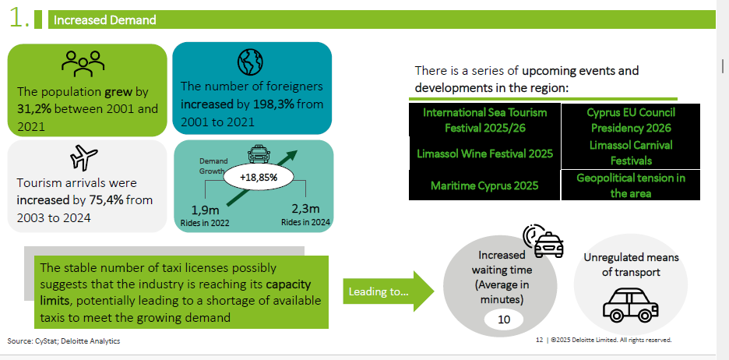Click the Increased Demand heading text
pos(105,20)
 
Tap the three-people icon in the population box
pos(83,62)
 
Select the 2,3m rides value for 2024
pos(305,208)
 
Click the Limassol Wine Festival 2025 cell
pos(484,153)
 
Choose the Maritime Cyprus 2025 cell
pos(484,185)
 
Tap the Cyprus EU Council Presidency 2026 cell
pos(631,120)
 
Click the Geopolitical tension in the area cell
pos(631,185)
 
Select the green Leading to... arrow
pos(388,292)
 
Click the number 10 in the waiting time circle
pos(503,319)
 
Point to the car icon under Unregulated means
pos(630,305)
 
